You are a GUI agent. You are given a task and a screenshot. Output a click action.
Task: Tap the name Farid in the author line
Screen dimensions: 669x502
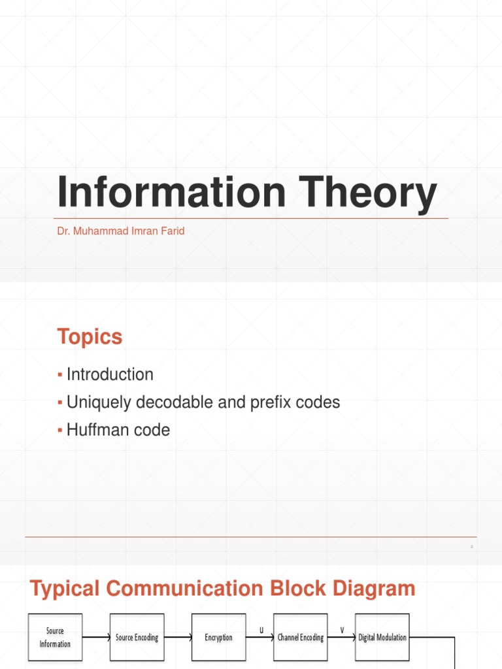click(172, 231)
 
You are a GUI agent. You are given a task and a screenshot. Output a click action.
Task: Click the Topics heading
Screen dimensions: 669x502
click(90, 337)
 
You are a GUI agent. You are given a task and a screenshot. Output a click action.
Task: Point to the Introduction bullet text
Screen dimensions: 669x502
click(110, 374)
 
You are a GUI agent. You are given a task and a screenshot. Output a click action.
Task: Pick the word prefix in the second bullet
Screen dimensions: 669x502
click(271, 402)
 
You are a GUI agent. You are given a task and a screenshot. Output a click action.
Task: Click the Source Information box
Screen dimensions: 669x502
click(55, 637)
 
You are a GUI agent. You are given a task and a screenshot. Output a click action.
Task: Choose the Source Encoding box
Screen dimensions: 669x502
click(137, 637)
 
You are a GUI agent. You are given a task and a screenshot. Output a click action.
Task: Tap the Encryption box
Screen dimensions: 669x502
click(218, 637)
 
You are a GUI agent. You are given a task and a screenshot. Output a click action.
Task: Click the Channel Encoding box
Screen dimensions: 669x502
click(300, 637)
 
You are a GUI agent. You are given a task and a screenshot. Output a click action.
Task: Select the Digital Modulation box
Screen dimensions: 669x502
click(382, 637)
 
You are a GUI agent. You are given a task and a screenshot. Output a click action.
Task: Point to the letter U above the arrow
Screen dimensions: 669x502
click(261, 630)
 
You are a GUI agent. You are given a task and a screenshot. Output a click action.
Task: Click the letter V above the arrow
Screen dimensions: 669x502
click(342, 630)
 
